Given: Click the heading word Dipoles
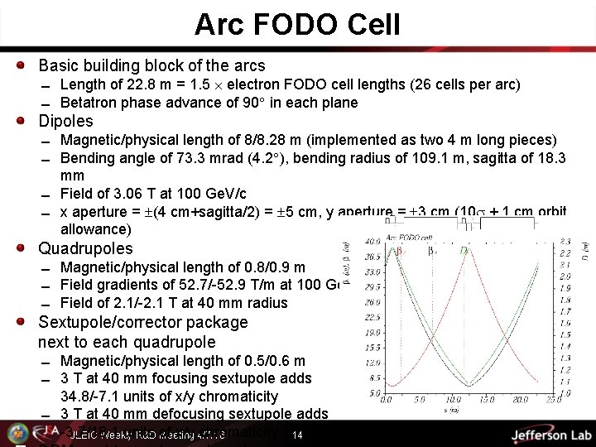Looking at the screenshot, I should coord(66,121).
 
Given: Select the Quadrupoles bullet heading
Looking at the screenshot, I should coord(84,248).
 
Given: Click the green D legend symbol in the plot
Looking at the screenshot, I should coord(464,250).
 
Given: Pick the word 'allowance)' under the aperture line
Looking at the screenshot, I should coord(95,228).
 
